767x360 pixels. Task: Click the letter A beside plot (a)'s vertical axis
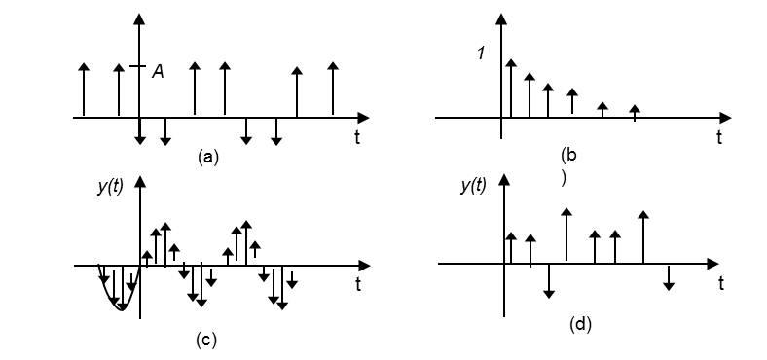(158, 70)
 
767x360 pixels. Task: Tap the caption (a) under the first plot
(206, 156)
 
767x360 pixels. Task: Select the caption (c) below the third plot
(206, 340)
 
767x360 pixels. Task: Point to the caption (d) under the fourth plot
(580, 324)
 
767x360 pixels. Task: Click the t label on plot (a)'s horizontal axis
(357, 138)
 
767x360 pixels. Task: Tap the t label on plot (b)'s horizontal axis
(719, 138)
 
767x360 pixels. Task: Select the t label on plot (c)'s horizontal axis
(358, 284)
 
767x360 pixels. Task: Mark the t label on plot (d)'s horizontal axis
(720, 283)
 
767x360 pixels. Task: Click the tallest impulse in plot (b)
(510, 88)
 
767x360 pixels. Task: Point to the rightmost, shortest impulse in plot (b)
(635, 111)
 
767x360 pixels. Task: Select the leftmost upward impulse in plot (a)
(84, 90)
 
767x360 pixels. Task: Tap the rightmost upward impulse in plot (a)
(333, 90)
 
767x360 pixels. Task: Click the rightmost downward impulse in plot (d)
(669, 276)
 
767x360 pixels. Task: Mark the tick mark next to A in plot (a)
(140, 67)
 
